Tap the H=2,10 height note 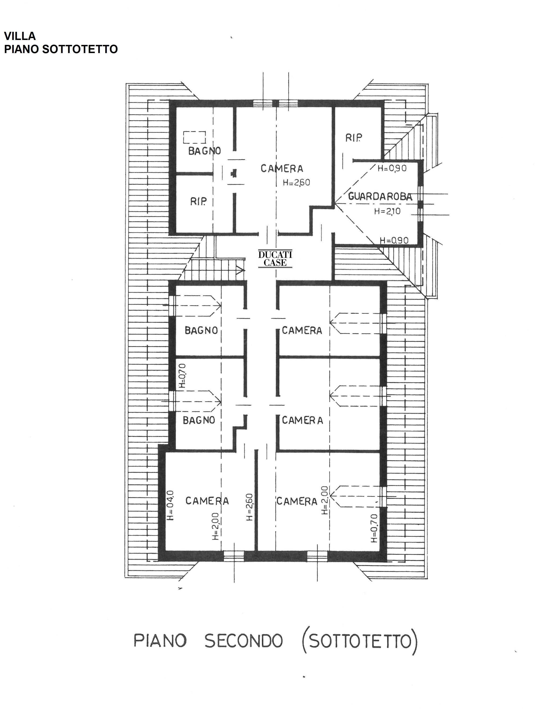pyautogui.click(x=387, y=211)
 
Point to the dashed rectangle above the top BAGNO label pyautogui.click(x=194, y=137)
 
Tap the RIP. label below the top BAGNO pyautogui.click(x=198, y=201)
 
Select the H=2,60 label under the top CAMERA pyautogui.click(x=296, y=182)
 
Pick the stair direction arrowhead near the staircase pyautogui.click(x=240, y=270)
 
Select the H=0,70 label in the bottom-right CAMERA pyautogui.click(x=374, y=528)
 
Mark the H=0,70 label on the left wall pyautogui.click(x=182, y=375)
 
